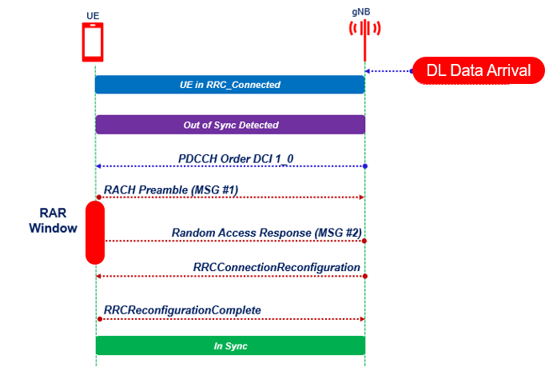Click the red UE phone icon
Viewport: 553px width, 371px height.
coord(93,42)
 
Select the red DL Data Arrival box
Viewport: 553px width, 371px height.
coord(478,70)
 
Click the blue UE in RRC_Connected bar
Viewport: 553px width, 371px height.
coord(229,84)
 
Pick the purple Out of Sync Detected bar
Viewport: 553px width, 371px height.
coord(229,125)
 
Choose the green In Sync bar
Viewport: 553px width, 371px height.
coord(229,345)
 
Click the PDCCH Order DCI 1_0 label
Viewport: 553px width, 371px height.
coord(236,158)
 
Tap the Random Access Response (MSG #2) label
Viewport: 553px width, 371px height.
coord(266,233)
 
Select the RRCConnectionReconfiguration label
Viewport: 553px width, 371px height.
coord(276,266)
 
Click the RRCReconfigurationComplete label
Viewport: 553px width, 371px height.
coord(182,309)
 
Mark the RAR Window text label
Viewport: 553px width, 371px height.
coord(53,221)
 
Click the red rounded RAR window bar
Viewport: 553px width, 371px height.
coord(95,232)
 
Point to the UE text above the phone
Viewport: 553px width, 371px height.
coord(93,14)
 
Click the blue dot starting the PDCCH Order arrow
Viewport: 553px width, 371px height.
coord(365,166)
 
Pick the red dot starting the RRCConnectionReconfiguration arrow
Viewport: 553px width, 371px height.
coord(365,275)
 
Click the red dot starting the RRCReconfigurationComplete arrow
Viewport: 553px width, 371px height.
coord(98,318)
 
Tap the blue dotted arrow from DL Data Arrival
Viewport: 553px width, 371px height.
coord(389,71)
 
